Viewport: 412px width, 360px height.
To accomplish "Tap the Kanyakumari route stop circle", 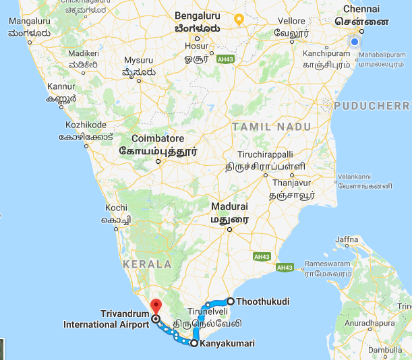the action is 194,343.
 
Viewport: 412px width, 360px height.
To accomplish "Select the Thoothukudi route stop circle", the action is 230,301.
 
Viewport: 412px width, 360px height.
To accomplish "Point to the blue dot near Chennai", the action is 355,42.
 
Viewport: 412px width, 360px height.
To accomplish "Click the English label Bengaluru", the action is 198,15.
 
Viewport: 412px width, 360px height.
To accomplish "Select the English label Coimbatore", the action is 148,139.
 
